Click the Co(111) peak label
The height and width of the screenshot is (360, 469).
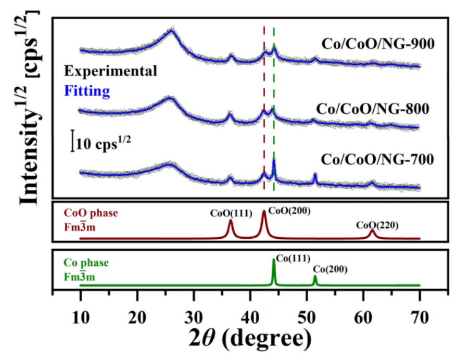(x=293, y=258)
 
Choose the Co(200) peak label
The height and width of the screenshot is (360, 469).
(x=330, y=269)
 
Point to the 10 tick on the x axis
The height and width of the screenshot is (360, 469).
(x=80, y=315)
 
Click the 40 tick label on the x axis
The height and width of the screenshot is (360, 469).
(x=250, y=315)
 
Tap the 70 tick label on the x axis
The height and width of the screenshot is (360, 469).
(x=419, y=315)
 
